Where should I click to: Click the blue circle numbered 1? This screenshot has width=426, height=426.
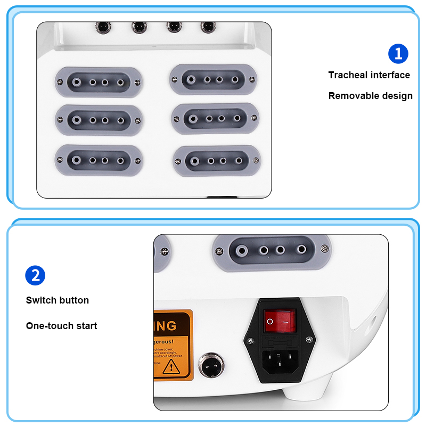[x=398, y=54]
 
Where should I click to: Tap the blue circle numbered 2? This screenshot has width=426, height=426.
[x=35, y=275]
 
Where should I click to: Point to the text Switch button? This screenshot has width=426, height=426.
[x=58, y=300]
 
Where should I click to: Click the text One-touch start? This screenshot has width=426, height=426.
[x=62, y=325]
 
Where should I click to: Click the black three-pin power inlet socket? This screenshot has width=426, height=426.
[x=279, y=362]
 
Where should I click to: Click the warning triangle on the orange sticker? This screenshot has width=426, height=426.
[x=171, y=366]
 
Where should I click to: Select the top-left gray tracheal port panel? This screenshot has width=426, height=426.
[x=99, y=83]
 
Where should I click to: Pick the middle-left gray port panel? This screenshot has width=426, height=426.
[x=99, y=120]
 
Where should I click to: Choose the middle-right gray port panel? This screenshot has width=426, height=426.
[x=216, y=118]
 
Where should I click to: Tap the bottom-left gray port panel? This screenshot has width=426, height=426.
[x=99, y=160]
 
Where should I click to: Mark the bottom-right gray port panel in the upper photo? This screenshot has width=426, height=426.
[x=217, y=160]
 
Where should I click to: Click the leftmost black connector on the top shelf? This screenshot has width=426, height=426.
[x=101, y=26]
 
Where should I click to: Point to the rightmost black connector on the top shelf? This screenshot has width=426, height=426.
[x=207, y=26]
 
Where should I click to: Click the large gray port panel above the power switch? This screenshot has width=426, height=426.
[x=272, y=249]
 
